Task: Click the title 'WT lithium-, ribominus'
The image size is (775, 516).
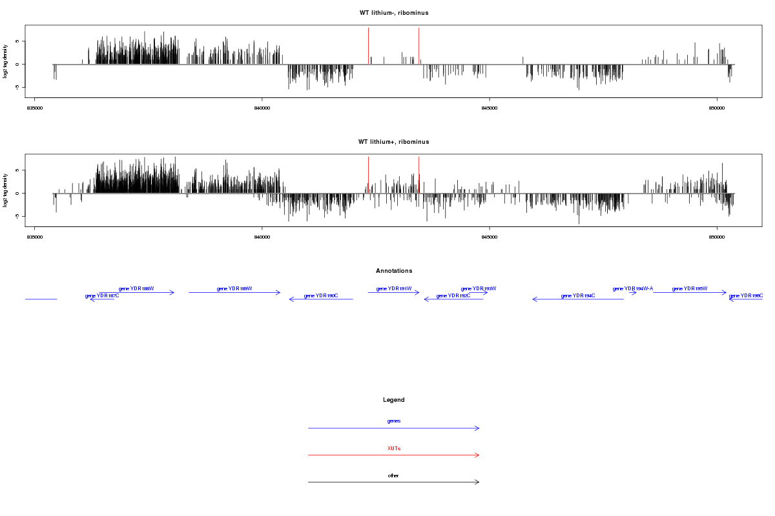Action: pos(394,13)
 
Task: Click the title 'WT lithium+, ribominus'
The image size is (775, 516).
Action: pos(394,142)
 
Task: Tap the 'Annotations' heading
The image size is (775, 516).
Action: pos(394,271)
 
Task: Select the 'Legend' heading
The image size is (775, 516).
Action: pos(394,400)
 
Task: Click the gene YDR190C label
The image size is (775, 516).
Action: pos(321,295)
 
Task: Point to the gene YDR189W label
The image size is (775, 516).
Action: pos(234,288)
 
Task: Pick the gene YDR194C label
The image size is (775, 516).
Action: pos(578,295)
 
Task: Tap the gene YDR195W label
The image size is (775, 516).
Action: pos(690,288)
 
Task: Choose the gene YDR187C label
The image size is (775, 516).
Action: pos(102,295)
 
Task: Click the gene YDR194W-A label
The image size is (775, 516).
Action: pos(633,288)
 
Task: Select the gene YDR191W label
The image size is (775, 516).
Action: pos(394,288)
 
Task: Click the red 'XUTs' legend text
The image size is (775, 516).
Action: pos(394,448)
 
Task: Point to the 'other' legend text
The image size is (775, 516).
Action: pos(394,475)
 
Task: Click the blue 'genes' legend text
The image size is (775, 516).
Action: pos(394,421)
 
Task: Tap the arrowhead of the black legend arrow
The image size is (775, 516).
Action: pos(478,482)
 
